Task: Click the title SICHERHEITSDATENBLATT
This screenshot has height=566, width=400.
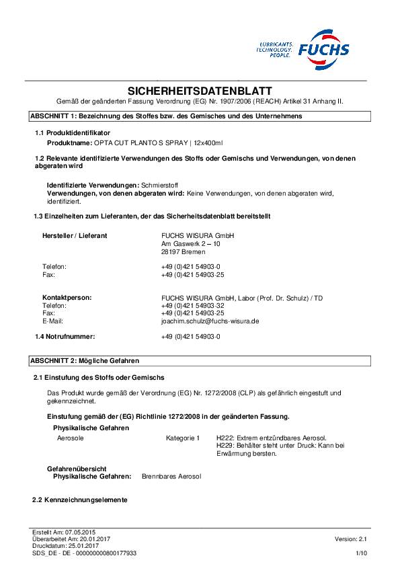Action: click(x=200, y=90)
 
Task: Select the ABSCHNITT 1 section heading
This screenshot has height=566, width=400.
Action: click(x=165, y=116)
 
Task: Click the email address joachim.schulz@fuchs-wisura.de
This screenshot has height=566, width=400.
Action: click(x=210, y=321)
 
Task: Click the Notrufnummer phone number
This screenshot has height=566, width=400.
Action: click(x=191, y=335)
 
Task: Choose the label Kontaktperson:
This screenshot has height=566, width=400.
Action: click(x=67, y=297)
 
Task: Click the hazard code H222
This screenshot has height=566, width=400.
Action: click(x=224, y=438)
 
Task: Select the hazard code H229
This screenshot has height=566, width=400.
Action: click(x=224, y=446)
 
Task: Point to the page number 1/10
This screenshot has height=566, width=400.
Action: click(x=361, y=552)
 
